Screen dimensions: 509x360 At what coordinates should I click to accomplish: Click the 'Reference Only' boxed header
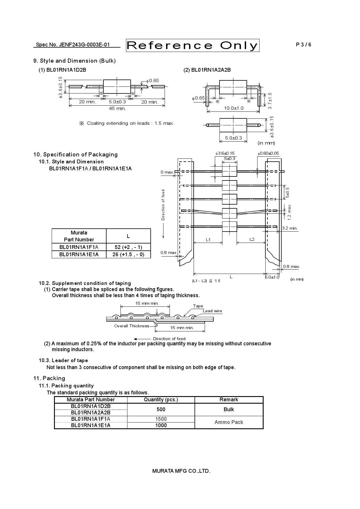[192, 46]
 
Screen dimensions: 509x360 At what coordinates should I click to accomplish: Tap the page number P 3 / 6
[303, 45]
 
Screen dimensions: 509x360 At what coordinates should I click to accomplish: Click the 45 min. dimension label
[117, 109]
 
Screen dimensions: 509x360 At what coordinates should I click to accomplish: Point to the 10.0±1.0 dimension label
[234, 108]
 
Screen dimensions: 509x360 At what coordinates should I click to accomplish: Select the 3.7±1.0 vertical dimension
[270, 101]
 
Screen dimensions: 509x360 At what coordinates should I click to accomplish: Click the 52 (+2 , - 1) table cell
[128, 247]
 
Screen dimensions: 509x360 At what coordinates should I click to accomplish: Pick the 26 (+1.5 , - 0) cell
[128, 255]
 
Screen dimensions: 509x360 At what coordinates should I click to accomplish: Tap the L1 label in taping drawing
[208, 240]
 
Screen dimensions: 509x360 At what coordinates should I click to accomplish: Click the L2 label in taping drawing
[252, 239]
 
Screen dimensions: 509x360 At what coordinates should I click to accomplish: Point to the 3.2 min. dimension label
[290, 228]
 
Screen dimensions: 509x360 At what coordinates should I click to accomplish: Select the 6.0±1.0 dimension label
[272, 277]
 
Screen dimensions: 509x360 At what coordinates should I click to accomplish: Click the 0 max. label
[167, 172]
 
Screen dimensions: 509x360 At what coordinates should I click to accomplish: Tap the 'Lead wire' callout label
[212, 311]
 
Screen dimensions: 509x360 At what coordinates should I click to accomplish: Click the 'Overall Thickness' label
[132, 326]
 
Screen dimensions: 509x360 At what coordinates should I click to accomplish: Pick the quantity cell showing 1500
[161, 419]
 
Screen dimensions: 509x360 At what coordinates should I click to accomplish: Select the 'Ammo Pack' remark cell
[229, 422]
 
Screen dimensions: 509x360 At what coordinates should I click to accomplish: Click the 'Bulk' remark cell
[229, 409]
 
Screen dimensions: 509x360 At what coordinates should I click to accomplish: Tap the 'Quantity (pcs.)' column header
[161, 400]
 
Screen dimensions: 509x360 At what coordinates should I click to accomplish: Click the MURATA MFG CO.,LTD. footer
[181, 471]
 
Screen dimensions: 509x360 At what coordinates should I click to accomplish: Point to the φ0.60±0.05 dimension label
[268, 153]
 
